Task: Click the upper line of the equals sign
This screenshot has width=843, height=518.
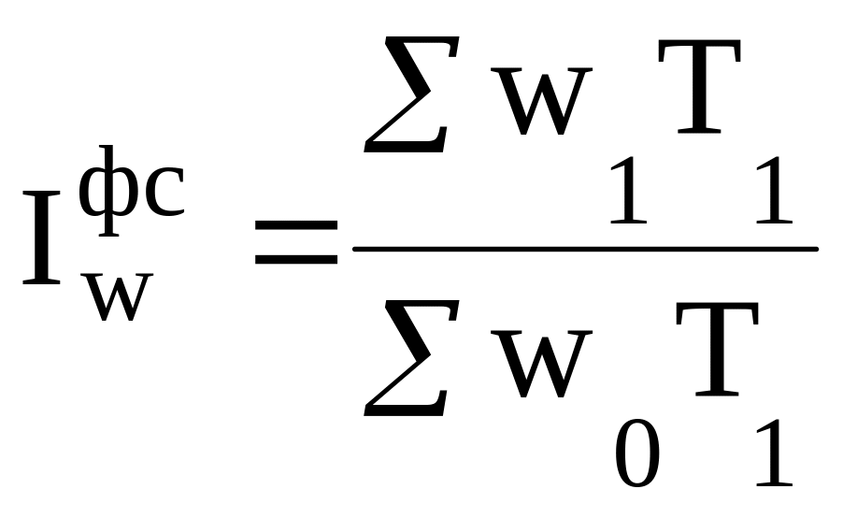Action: pyautogui.click(x=297, y=226)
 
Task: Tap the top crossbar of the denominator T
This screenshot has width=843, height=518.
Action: pyautogui.click(x=715, y=310)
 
